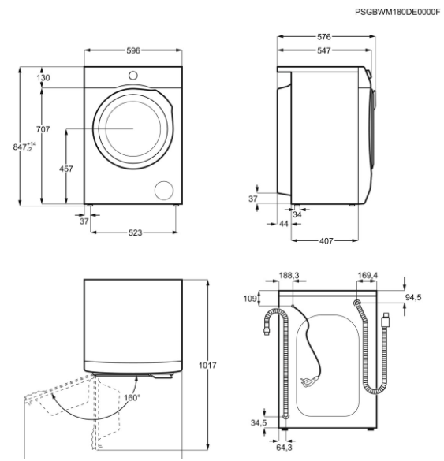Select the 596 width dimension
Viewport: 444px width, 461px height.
click(x=133, y=50)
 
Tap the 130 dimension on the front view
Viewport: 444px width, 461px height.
click(x=43, y=77)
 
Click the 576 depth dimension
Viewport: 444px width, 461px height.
click(x=323, y=37)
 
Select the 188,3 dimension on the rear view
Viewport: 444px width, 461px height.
click(x=289, y=275)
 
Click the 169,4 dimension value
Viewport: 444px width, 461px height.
click(x=368, y=275)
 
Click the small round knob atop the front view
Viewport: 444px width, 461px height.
click(x=133, y=75)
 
